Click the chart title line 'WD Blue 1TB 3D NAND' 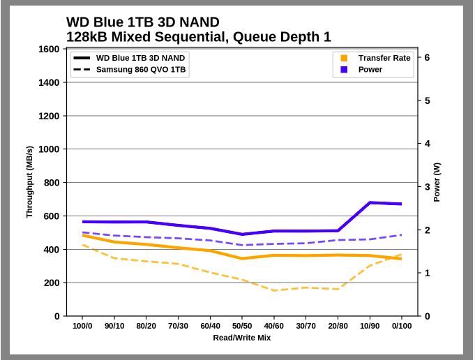pos(142,22)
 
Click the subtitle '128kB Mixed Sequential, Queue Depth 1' pos(198,37)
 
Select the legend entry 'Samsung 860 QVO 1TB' pos(140,70)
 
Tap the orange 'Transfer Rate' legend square pos(344,58)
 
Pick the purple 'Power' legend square pos(344,70)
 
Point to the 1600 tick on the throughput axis pos(49,49)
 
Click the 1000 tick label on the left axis pos(49,149)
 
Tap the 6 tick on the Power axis pos(427,58)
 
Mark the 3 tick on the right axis pos(427,187)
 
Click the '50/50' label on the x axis pos(242,326)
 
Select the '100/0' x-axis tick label pos(83,326)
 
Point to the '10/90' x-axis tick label pos(369,326)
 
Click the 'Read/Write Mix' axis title pos(242,338)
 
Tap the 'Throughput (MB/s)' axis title pos(29,182)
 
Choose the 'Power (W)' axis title pos(437,182)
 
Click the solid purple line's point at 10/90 pos(370,202)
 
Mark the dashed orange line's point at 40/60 pos(274,290)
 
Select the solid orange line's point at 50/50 pos(242,258)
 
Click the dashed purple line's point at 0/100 pos(401,234)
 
